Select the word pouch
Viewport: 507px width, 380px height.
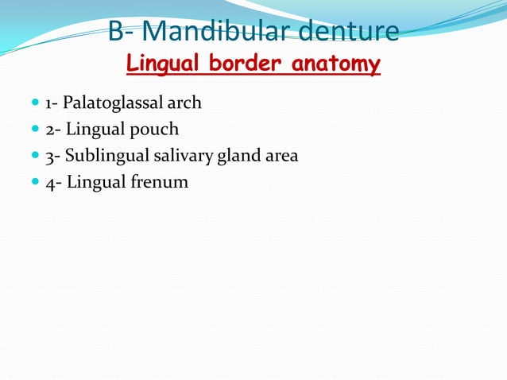[156, 130]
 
